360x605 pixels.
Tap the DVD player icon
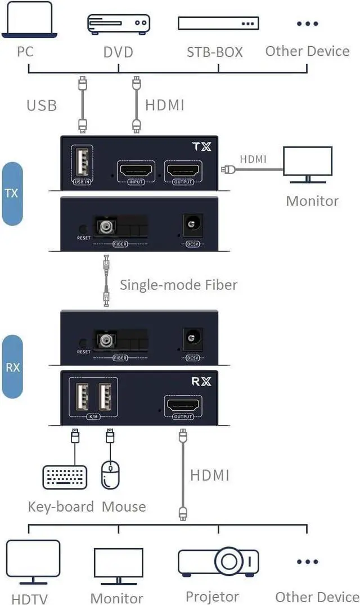118,24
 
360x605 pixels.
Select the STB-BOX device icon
218,24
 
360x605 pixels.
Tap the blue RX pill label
13,367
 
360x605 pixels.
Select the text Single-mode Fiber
178,284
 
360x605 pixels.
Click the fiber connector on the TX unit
105,228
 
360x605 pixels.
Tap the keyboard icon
65,477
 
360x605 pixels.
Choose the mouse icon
110,475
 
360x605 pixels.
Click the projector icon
218,561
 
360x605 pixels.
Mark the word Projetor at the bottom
212,596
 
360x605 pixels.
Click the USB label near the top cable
42,105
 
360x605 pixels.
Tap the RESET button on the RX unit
84,342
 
